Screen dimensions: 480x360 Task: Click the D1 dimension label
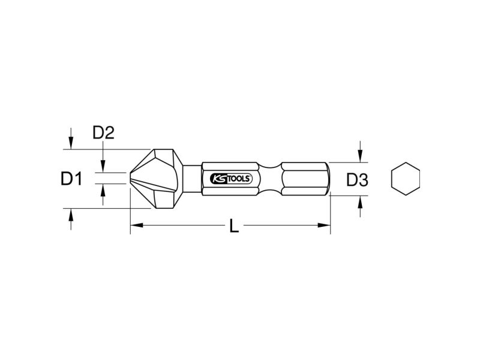click(x=71, y=179)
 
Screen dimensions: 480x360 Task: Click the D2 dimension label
click(x=103, y=133)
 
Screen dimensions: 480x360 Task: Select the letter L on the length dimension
click(x=234, y=227)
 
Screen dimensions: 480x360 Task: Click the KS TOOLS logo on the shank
click(x=231, y=179)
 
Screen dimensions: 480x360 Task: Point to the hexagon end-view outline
click(x=406, y=179)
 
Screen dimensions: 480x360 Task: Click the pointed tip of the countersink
click(x=130, y=178)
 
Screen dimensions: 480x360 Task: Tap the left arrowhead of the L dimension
click(x=137, y=226)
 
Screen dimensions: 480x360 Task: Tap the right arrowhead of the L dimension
click(x=324, y=226)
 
